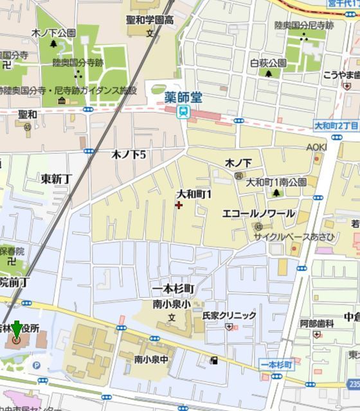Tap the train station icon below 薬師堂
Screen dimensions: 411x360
coord(183,112)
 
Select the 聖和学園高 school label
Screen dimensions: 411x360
coord(150,20)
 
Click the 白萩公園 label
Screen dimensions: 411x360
coord(268,63)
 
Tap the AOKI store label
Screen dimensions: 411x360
coord(316,147)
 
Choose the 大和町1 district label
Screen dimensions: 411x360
coord(194,193)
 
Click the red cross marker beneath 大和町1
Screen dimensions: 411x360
coord(178,205)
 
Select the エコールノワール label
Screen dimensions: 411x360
coord(258,213)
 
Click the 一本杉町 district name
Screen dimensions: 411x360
coord(173,289)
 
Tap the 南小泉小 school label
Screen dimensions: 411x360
coord(171,304)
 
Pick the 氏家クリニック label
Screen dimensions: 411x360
coord(229,315)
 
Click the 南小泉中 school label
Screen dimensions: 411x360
coord(151,359)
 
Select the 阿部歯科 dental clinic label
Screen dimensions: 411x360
coord(316,324)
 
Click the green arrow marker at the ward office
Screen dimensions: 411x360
coord(16,329)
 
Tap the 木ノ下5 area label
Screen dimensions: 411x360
coord(129,154)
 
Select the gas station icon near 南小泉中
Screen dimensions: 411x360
coord(213,360)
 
